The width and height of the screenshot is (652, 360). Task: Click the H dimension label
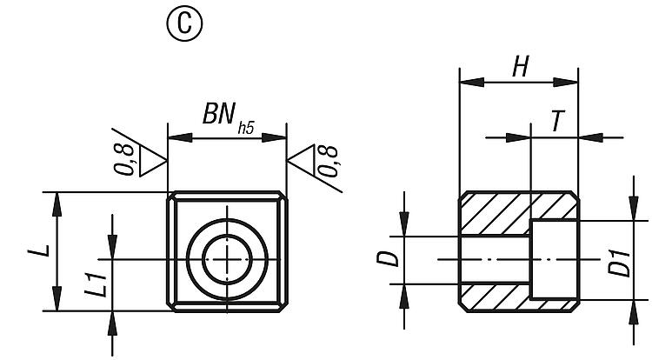click(x=520, y=67)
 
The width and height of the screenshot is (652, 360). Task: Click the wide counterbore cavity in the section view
click(x=553, y=259)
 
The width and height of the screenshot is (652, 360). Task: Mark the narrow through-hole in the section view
click(x=494, y=259)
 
